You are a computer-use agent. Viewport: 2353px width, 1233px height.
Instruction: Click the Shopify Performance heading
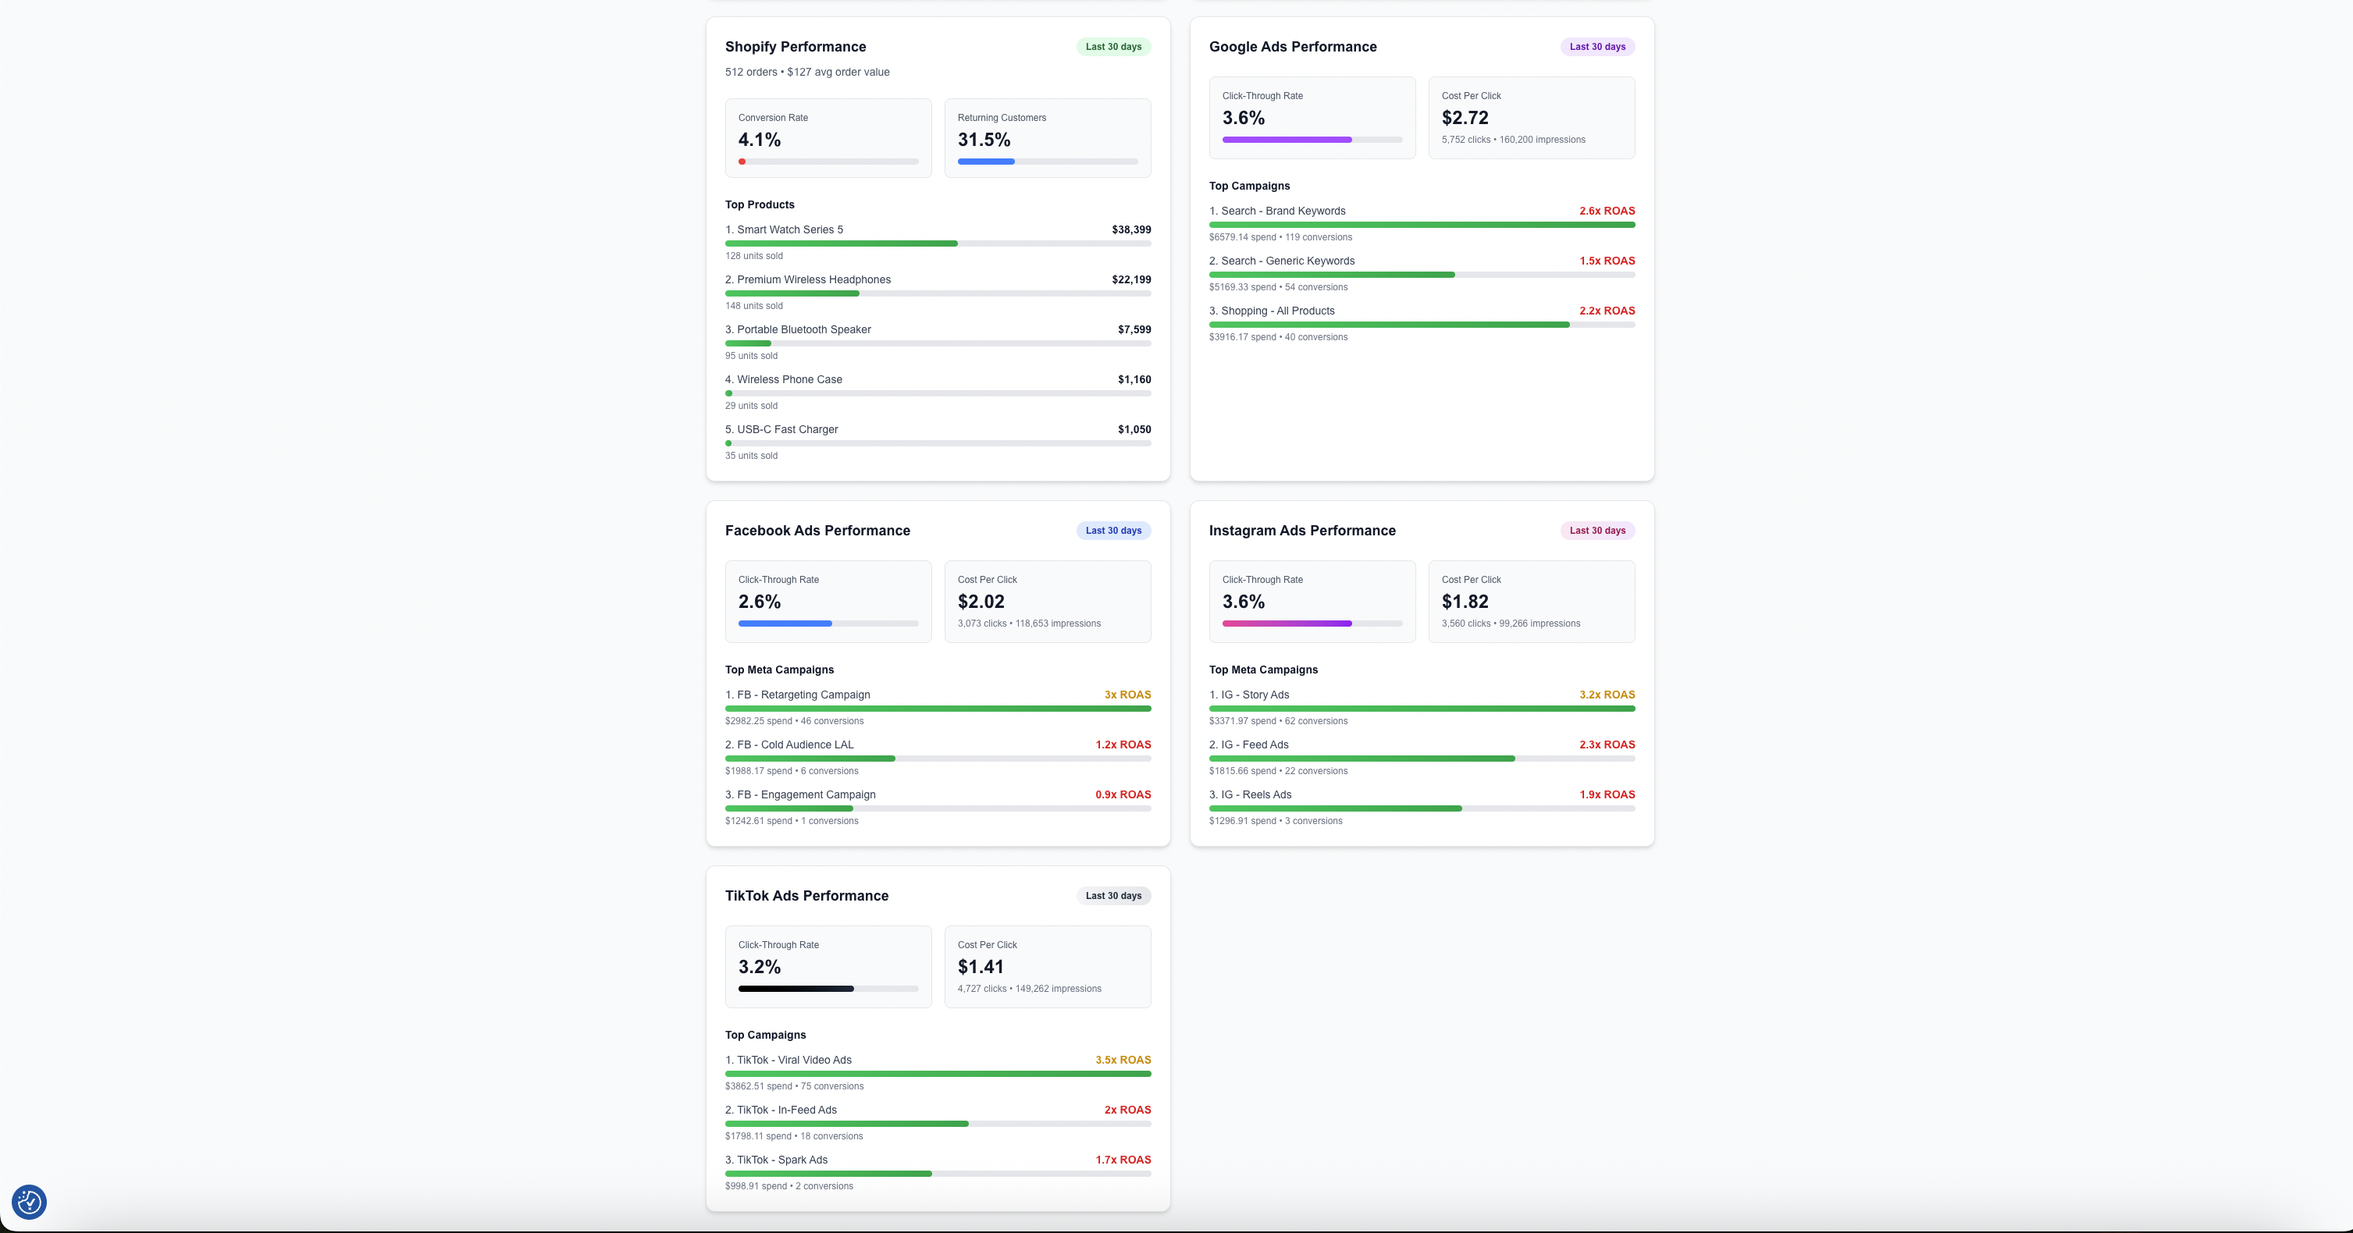[x=795, y=47]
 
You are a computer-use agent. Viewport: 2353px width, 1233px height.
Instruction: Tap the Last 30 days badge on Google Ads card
[x=1597, y=47]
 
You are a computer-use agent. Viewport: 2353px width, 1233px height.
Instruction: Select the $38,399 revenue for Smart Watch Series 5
[x=1130, y=230]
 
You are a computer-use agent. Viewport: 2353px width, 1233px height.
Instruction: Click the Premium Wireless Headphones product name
[x=813, y=279]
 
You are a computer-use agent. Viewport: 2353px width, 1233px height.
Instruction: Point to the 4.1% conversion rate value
[x=759, y=140]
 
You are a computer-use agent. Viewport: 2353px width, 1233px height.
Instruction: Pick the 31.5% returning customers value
[x=984, y=140]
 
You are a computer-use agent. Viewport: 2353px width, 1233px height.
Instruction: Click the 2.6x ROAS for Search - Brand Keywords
[x=1607, y=211]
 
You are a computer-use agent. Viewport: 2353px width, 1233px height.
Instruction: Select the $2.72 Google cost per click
[x=1465, y=118]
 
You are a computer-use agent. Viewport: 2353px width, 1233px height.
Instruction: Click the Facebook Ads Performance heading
[x=817, y=531]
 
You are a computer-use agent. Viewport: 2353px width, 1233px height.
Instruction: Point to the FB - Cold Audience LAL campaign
[x=795, y=744]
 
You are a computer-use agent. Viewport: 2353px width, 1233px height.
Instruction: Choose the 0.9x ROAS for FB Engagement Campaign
[x=1123, y=794]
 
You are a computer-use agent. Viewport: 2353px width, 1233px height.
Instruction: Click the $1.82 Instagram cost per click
[x=1465, y=602]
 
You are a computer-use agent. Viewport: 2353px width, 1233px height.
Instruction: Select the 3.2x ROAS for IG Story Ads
[x=1607, y=695]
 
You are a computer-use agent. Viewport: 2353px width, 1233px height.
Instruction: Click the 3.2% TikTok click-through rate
[x=759, y=967]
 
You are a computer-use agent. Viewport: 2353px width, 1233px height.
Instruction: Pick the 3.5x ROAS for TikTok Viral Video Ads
[x=1123, y=1061]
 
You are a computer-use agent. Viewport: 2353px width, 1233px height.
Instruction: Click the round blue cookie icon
[x=29, y=1202]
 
